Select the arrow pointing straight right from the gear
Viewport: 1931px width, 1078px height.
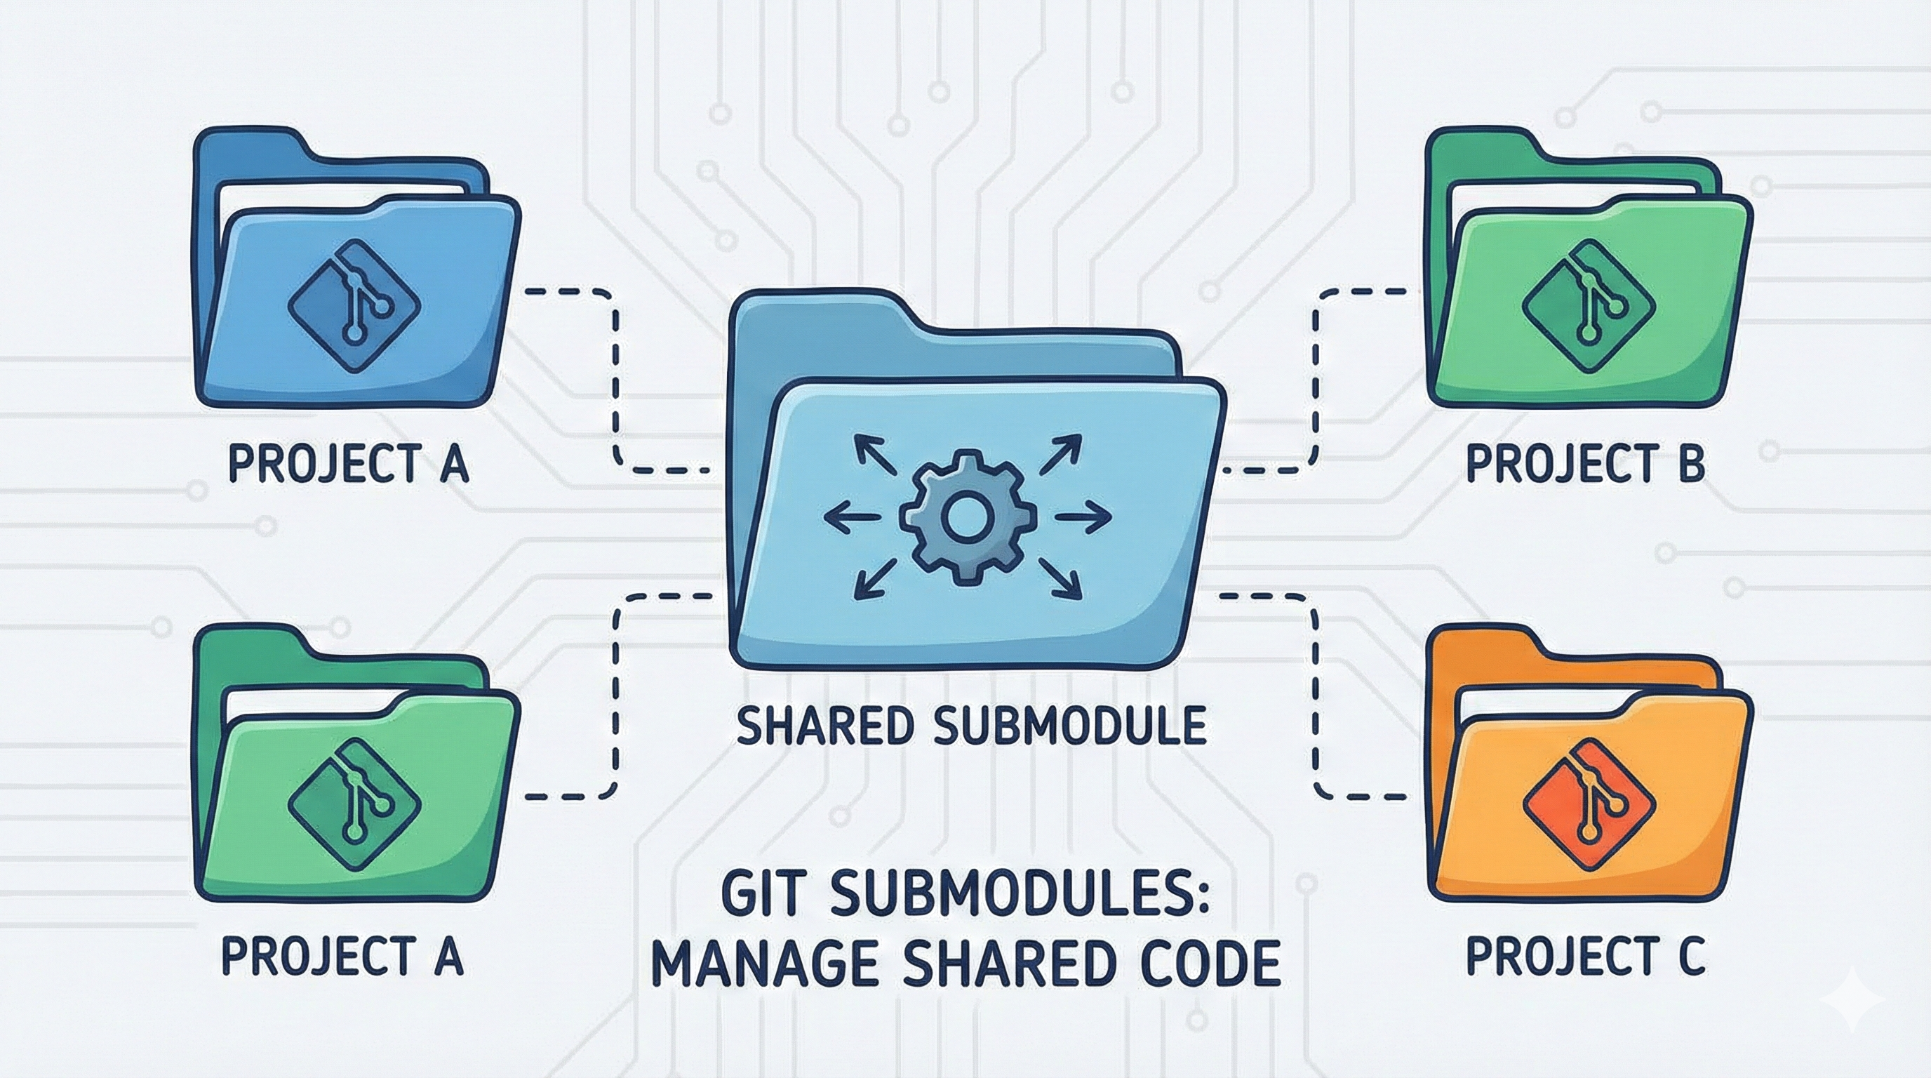pos(1084,517)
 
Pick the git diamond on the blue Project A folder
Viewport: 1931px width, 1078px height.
pos(354,307)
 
